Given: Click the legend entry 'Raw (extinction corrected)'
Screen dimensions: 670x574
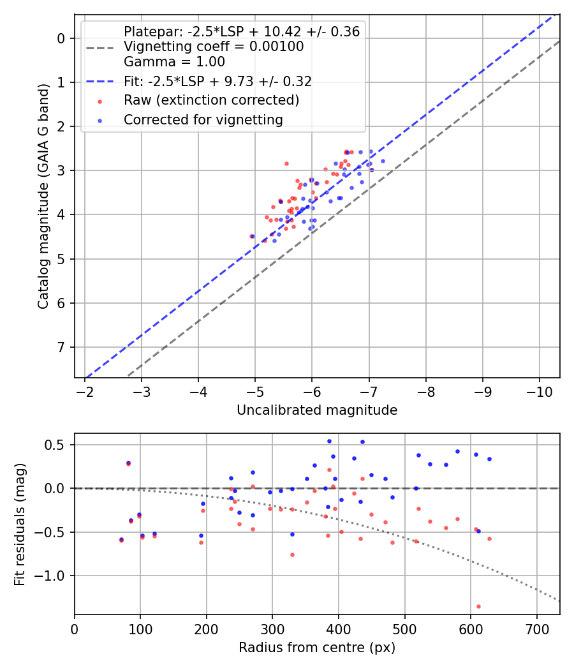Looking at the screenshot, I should pos(211,100).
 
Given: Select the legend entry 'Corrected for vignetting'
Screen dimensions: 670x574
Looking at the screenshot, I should pos(203,119).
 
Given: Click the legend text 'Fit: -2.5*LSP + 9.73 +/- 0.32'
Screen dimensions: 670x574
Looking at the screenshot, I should pos(217,81).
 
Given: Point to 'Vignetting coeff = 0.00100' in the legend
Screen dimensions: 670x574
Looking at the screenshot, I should pos(213,47).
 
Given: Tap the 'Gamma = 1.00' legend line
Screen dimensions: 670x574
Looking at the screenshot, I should pos(174,62).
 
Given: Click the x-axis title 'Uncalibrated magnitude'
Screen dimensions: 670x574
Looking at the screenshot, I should pos(317,410).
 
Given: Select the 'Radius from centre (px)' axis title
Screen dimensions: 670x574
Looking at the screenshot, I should pos(317,648).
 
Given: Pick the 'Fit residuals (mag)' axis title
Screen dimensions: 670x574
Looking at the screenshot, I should pos(20,524).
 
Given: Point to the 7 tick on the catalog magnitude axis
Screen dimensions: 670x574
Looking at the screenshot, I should pos(61,347).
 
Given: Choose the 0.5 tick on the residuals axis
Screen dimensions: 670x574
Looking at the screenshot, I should pos(59,444).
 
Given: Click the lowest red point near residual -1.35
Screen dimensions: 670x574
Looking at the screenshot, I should pos(478,606).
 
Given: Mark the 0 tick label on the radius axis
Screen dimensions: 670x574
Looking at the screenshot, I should pos(75,629).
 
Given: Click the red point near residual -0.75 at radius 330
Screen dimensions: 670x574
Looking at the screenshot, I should pos(292,555).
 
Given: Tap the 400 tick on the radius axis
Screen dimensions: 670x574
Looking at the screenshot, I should pos(339,629).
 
